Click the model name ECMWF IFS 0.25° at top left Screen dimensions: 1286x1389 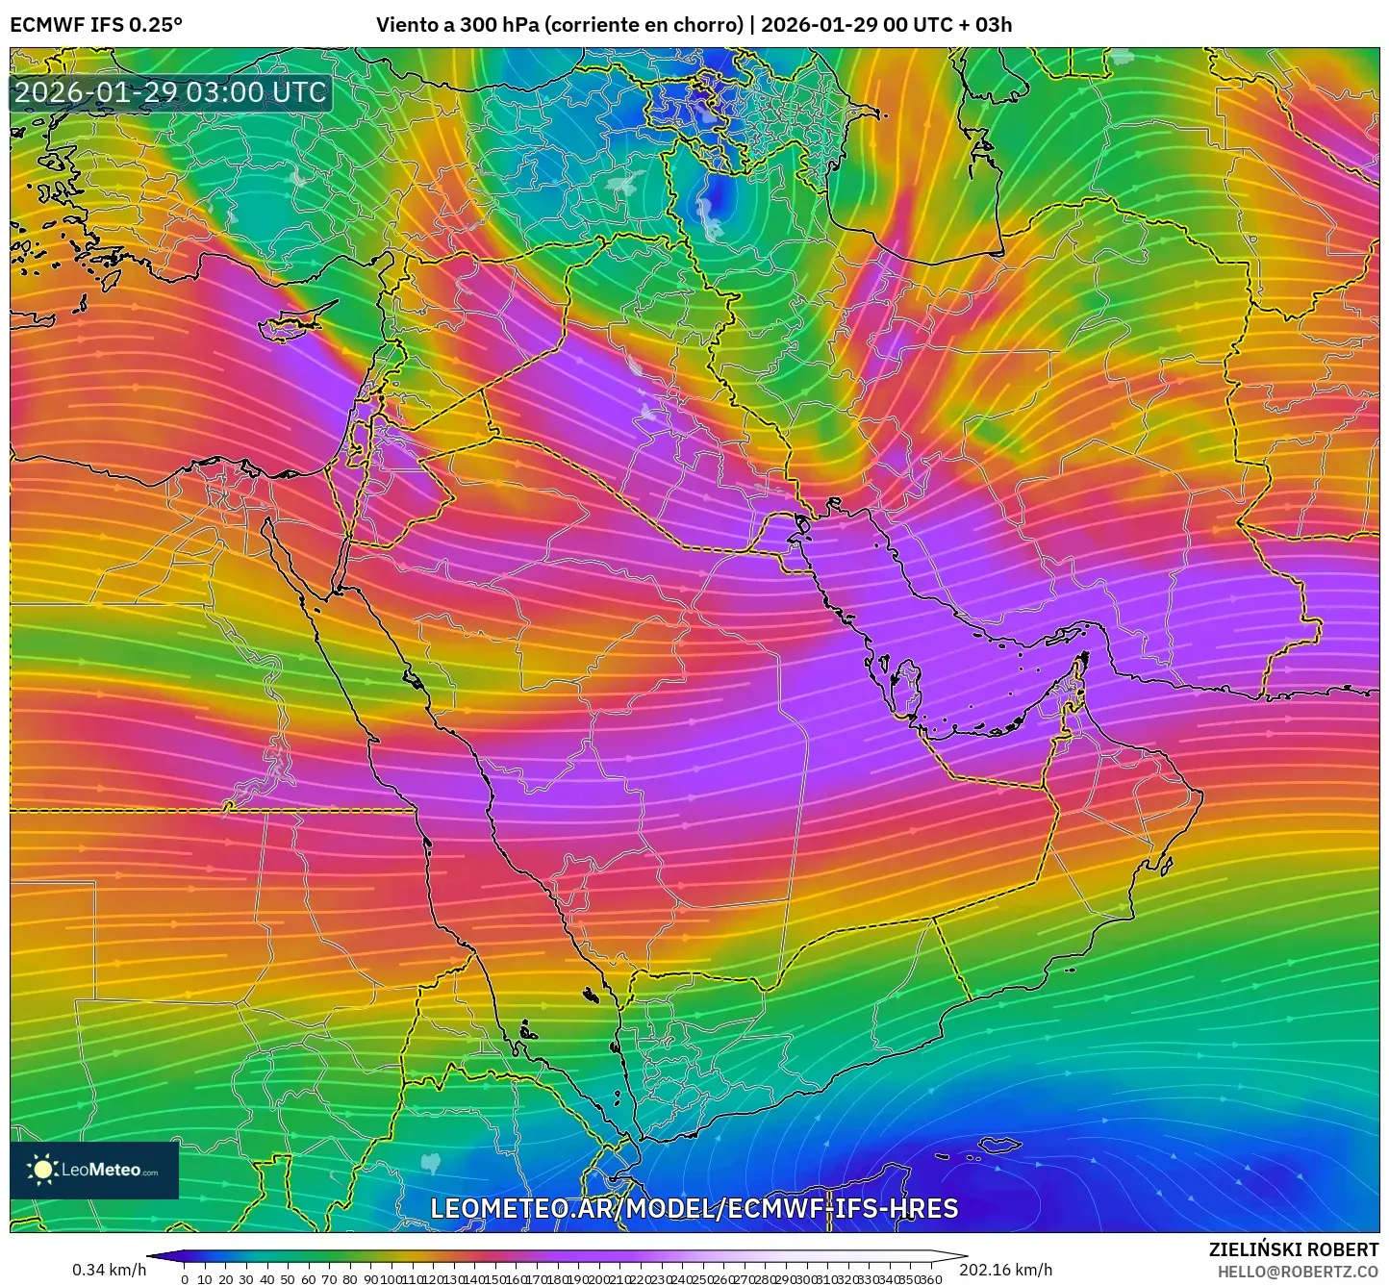[96, 25]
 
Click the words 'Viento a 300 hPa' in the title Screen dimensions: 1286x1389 [458, 25]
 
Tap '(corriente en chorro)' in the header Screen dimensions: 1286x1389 [644, 25]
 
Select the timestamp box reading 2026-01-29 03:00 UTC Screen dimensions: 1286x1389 [170, 92]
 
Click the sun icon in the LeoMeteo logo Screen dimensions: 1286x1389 [42, 1170]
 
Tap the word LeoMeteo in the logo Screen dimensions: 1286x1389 [101, 1171]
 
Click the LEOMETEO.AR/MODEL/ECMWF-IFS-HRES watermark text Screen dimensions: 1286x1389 [694, 1209]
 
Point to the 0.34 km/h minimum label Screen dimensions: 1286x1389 [109, 1270]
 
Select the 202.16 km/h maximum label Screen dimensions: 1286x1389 [1005, 1270]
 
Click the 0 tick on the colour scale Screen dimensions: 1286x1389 [185, 1279]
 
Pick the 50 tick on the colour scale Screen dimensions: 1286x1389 [288, 1279]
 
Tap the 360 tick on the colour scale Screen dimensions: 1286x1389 [930, 1279]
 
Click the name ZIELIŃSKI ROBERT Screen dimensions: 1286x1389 [1294, 1249]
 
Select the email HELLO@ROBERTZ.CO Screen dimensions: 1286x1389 [1298, 1272]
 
